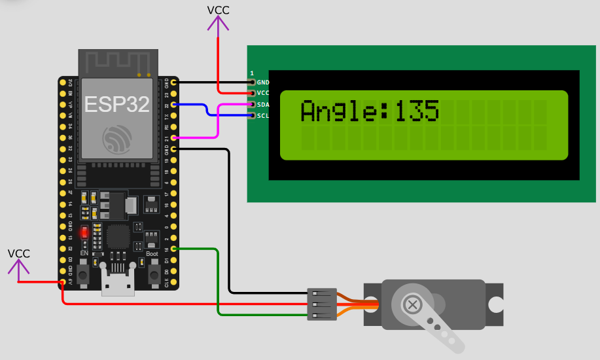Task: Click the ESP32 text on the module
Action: pyautogui.click(x=116, y=103)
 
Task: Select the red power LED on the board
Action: pyautogui.click(x=84, y=232)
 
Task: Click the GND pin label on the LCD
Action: pyautogui.click(x=263, y=82)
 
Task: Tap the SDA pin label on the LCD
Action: pyautogui.click(x=263, y=105)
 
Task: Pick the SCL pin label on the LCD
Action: pyautogui.click(x=263, y=116)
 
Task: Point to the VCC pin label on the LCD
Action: pyautogui.click(x=263, y=94)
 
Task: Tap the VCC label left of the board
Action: pyautogui.click(x=18, y=253)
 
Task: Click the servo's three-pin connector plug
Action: pyautogui.click(x=322, y=304)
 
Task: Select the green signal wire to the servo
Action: pyautogui.click(x=217, y=281)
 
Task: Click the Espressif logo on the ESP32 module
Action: pyautogui.click(x=116, y=139)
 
